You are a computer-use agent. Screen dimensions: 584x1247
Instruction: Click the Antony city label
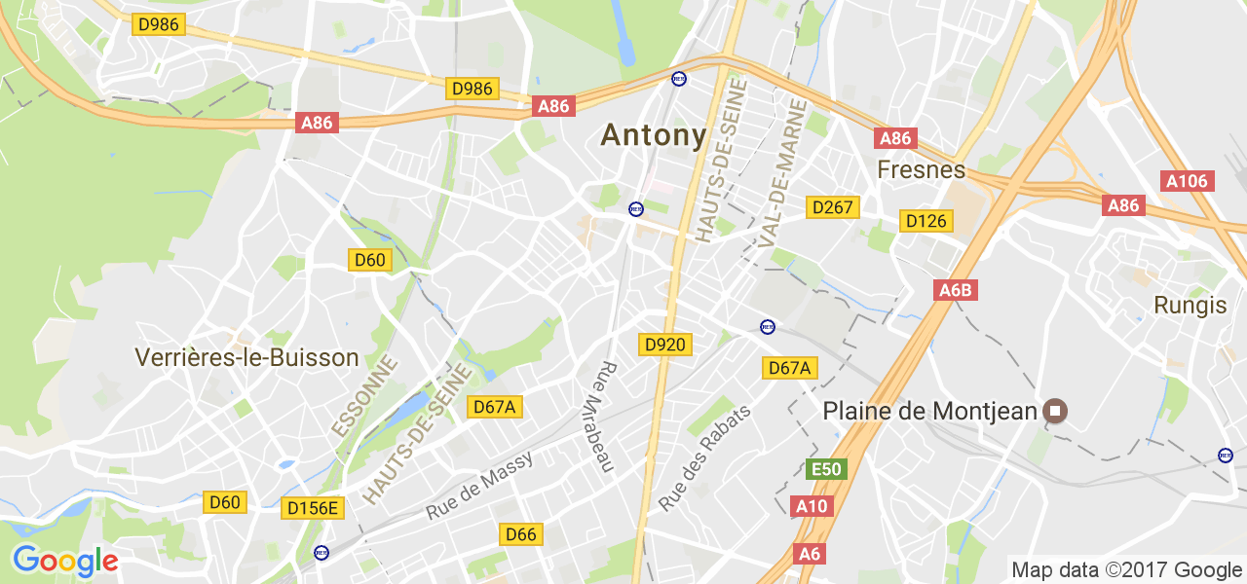tap(654, 135)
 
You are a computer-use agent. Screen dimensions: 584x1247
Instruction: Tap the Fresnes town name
tap(921, 170)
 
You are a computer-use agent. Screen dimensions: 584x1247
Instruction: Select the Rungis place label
tap(1190, 305)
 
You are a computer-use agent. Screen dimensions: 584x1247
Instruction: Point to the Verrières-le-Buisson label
tap(247, 357)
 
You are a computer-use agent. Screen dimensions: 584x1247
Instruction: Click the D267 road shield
tap(833, 207)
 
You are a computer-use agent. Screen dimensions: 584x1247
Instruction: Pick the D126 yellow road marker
tap(926, 221)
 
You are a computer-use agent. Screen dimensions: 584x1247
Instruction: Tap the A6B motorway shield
tap(955, 290)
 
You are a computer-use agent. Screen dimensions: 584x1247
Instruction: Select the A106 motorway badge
tap(1187, 181)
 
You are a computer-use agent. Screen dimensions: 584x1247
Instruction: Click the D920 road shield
tap(665, 345)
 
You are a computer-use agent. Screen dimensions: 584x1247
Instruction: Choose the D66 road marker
tap(520, 534)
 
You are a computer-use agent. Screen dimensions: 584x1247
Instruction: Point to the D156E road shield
tap(313, 508)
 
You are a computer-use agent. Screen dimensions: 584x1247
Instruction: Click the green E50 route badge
tap(826, 470)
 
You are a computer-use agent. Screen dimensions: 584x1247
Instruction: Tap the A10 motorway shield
tap(811, 506)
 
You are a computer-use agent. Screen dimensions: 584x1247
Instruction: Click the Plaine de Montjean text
tap(929, 412)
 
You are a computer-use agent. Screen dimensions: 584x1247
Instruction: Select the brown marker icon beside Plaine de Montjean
tap(1054, 412)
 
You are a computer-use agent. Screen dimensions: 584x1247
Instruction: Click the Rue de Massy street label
tap(479, 487)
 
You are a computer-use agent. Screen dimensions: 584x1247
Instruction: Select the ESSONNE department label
tap(365, 396)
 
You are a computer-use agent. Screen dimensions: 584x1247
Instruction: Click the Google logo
tap(65, 562)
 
